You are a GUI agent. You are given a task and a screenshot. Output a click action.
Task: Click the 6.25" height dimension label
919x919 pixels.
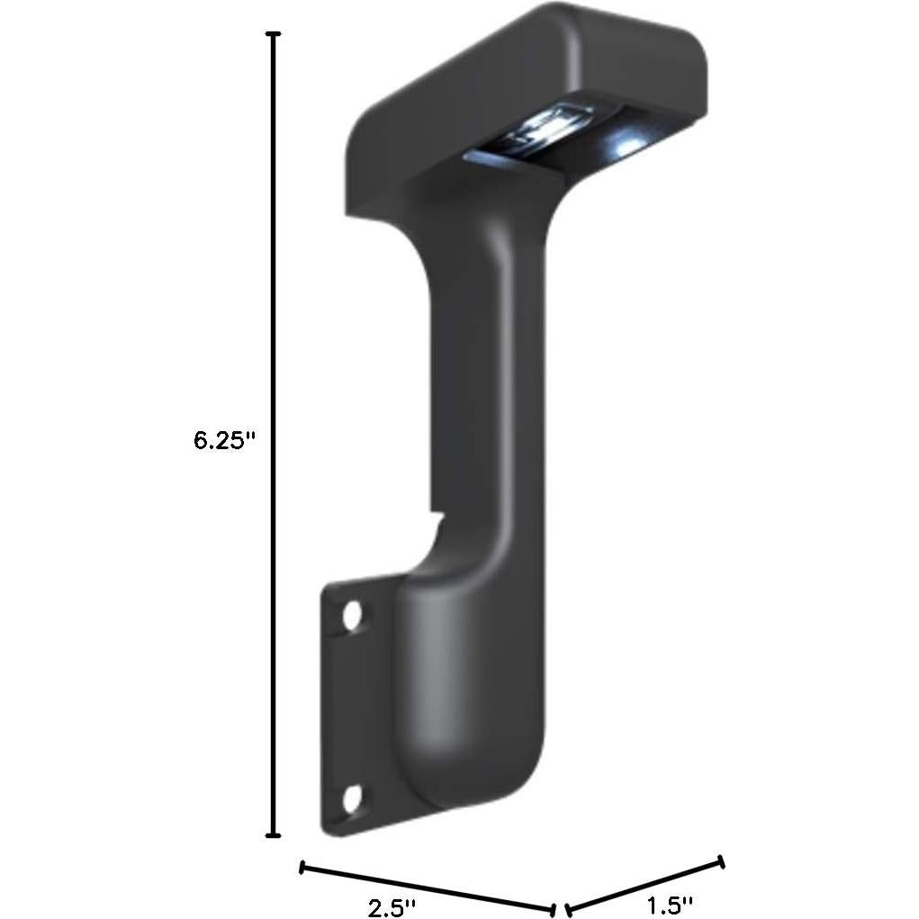tap(225, 441)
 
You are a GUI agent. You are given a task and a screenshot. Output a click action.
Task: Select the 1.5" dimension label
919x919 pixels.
tap(671, 904)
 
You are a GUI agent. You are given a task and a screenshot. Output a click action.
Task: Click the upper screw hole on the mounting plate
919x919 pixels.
tap(352, 617)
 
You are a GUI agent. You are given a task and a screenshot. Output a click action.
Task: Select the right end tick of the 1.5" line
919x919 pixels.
tap(720, 862)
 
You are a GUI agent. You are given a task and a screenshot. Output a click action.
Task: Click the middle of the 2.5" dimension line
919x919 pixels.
tap(427, 888)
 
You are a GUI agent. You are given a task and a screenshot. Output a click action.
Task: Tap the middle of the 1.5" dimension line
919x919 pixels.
tap(644, 886)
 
